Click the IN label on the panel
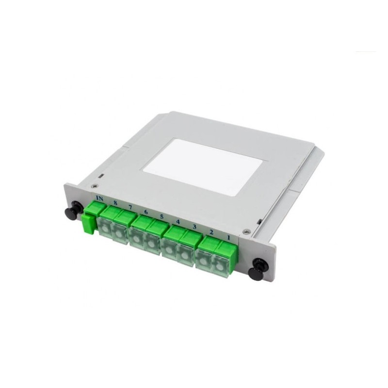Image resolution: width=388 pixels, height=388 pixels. tap(100, 198)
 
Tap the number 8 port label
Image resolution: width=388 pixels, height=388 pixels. tap(115, 202)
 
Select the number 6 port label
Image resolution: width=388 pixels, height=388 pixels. tap(146, 211)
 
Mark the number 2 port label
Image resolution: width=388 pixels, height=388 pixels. tap(211, 232)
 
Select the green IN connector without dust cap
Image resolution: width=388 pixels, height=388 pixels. tap(91, 218)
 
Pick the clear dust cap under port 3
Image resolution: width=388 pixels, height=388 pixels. tap(185, 252)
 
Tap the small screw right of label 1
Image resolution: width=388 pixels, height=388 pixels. tap(246, 231)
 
